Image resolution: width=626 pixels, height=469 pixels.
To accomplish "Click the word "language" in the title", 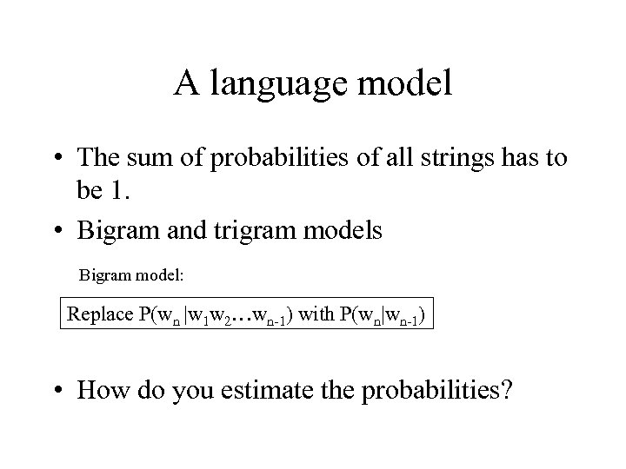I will (x=275, y=84).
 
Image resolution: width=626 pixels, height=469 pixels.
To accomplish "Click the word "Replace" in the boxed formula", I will (x=98, y=314).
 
